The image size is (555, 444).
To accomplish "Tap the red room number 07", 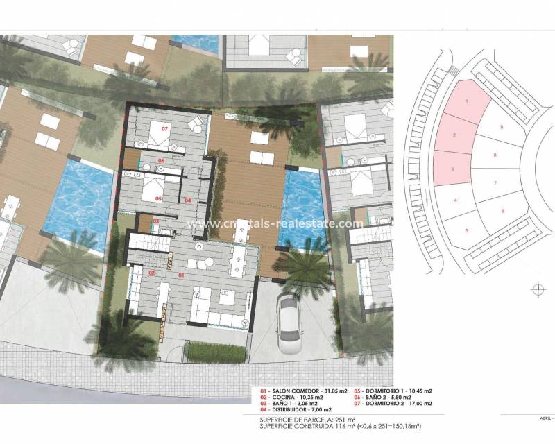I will point(165,130).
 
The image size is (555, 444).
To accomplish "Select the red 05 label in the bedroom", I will point(159,198).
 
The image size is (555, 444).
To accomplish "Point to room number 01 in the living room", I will point(182,276).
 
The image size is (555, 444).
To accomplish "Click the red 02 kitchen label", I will point(152,273).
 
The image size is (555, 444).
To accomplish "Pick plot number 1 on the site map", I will point(467,101).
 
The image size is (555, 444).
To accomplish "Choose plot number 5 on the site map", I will point(467,230).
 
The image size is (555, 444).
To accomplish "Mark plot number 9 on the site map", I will point(501,128).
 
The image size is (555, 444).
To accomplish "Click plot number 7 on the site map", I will point(495,183).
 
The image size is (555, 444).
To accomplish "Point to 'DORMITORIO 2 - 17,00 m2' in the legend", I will point(398,403).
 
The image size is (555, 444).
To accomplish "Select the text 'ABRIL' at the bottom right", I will point(543,419).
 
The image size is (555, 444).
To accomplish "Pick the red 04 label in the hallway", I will point(189,200).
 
